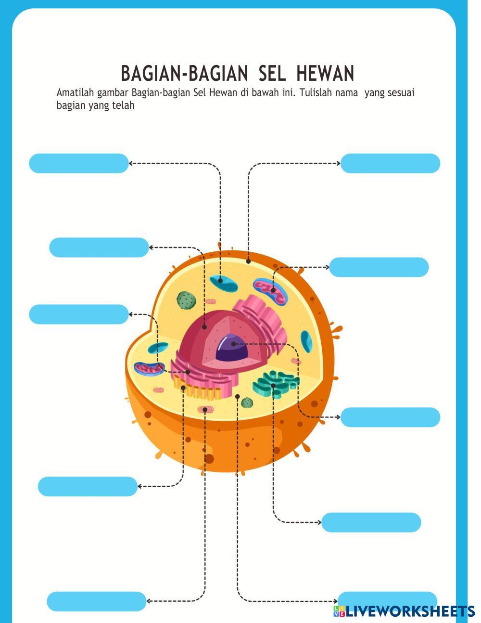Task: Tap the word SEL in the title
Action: point(272,74)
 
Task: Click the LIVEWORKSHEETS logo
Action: point(404,611)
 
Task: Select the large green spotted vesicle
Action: point(186,300)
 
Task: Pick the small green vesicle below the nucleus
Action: point(247,402)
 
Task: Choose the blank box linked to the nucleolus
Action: point(390,417)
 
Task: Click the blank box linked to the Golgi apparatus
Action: point(371,522)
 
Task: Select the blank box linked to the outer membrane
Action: point(390,163)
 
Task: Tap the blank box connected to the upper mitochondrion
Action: point(379,267)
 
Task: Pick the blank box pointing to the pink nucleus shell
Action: point(99,247)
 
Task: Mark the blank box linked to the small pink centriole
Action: point(96,601)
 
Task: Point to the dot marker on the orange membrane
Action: point(248,261)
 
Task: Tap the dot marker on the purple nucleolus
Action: point(233,344)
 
